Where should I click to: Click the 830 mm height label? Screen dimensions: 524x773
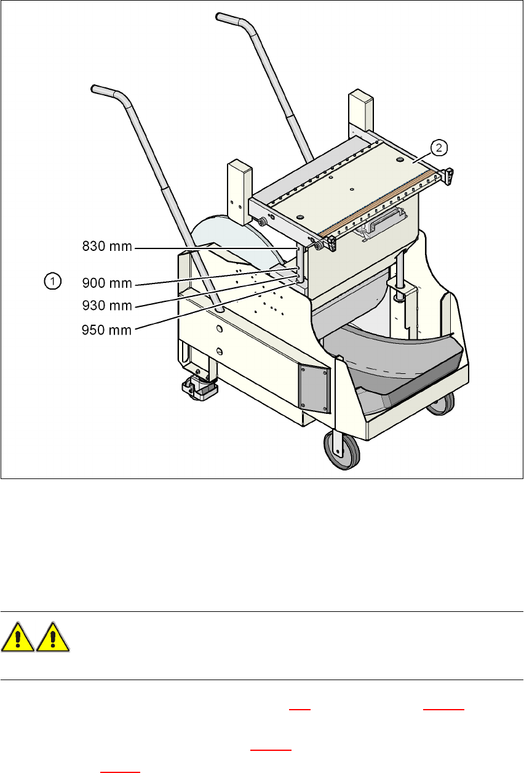pyautogui.click(x=108, y=247)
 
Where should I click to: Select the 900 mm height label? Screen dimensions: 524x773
pyautogui.click(x=108, y=283)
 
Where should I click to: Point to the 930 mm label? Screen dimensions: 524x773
pyautogui.click(x=108, y=306)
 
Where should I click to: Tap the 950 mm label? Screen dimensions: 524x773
pyautogui.click(x=108, y=330)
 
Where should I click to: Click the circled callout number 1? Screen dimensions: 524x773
pyautogui.click(x=53, y=282)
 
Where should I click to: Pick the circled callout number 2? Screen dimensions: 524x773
pyautogui.click(x=439, y=147)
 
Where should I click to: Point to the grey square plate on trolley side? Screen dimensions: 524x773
pyautogui.click(x=314, y=384)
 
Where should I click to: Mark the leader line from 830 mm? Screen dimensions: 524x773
pyautogui.click(x=215, y=248)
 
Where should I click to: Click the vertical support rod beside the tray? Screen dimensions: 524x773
pyautogui.click(x=402, y=274)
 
